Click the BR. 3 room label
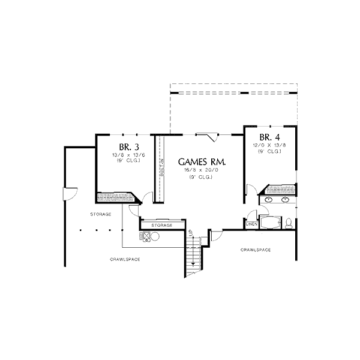click(126, 148)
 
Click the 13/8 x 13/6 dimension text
click(126, 155)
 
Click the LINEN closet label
click(252, 224)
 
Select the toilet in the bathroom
click(289, 223)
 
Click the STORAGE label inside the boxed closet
click(162, 225)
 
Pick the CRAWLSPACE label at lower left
click(125, 259)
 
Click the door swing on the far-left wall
click(69, 194)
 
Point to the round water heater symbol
click(154, 236)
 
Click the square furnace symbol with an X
click(144, 236)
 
